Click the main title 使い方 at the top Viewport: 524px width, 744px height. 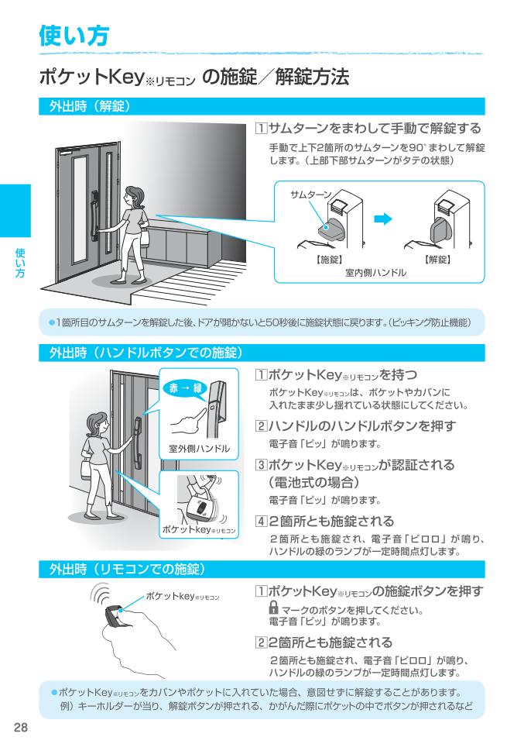74,36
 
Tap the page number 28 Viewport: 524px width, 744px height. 21,727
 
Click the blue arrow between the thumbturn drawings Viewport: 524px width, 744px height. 383,219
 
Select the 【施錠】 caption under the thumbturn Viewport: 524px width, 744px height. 329,260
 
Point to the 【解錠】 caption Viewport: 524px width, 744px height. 437,260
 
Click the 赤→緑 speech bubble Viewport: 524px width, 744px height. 186,388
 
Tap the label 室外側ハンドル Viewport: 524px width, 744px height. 199,449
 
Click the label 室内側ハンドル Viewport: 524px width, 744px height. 375,273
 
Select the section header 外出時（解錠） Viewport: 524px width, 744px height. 90,106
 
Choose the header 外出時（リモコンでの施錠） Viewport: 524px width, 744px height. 128,569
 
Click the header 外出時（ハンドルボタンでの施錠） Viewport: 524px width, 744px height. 146,353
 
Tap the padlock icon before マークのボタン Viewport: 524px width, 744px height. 273,608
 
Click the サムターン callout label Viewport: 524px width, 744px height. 311,194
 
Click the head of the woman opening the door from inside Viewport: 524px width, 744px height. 135,195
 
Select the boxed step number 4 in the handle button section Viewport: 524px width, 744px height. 261,521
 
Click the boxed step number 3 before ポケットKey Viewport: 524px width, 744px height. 261,464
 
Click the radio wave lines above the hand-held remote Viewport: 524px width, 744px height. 101,593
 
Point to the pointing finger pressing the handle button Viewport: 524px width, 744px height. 190,418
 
